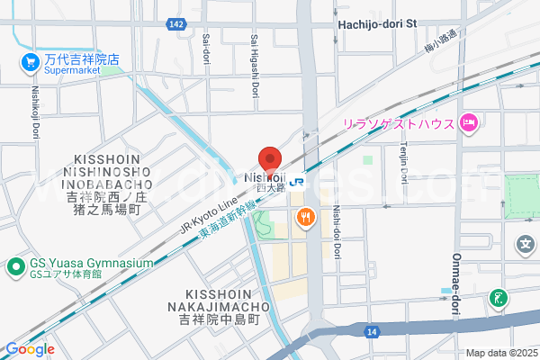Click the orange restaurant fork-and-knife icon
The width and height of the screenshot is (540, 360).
306,216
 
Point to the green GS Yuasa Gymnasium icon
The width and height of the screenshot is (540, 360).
15,266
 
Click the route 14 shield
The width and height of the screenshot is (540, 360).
371,332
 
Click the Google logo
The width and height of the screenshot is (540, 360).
30,349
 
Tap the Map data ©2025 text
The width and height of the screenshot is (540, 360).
500,353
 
